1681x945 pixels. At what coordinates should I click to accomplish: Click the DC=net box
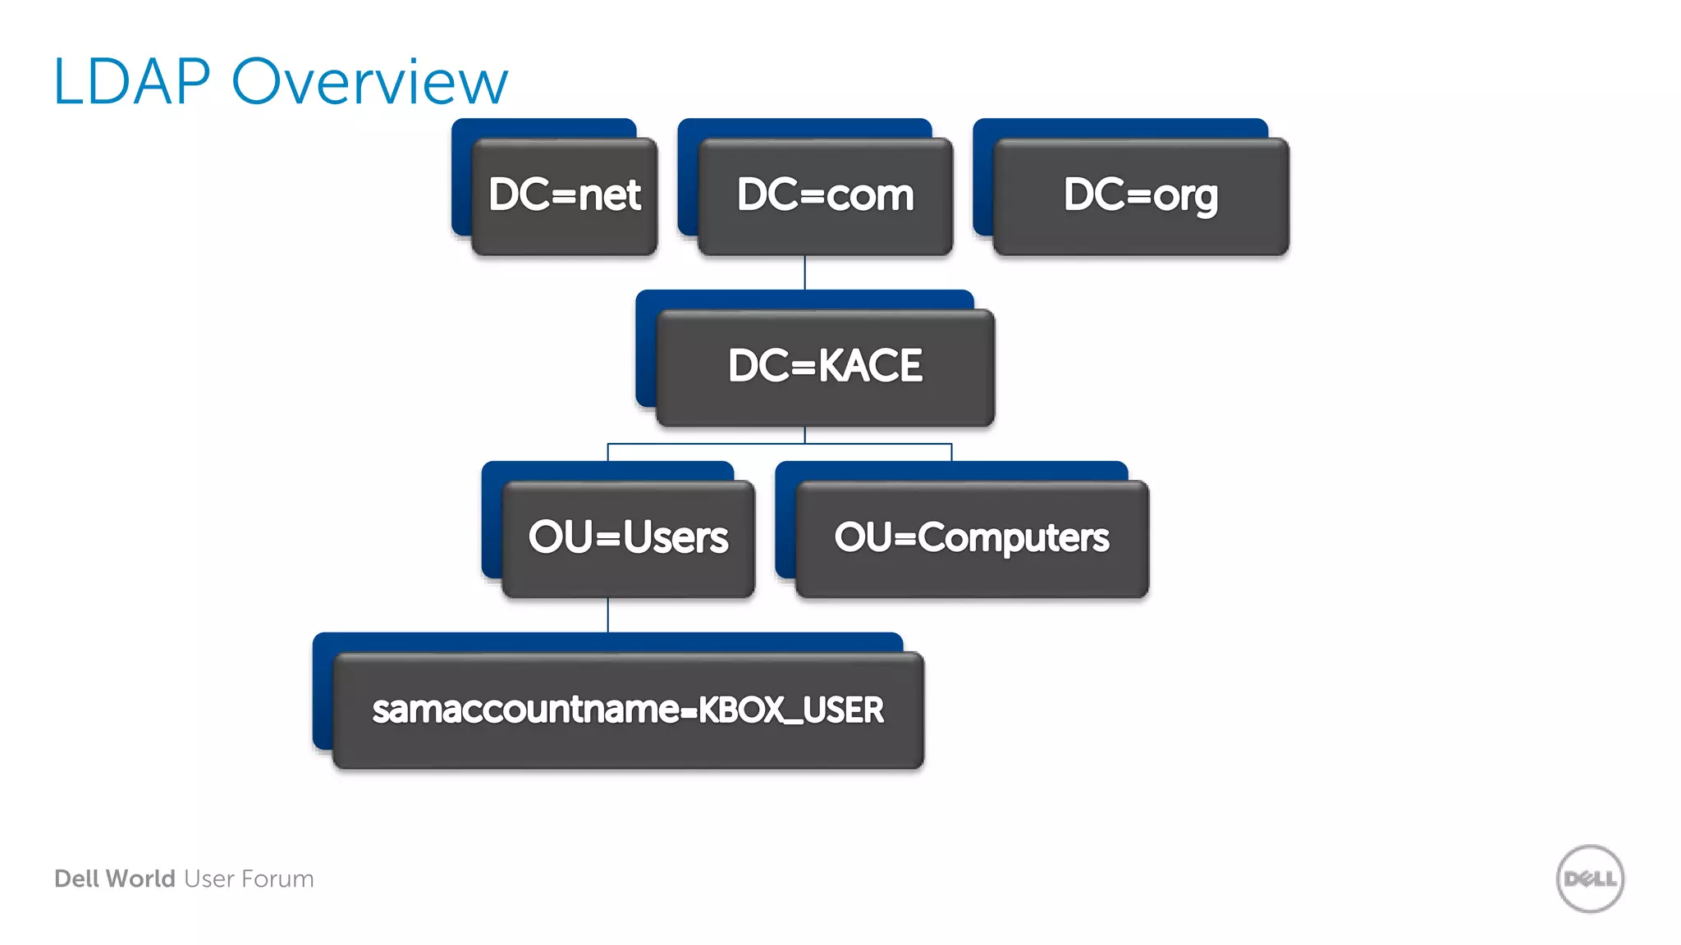click(565, 195)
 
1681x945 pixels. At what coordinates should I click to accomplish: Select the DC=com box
click(825, 195)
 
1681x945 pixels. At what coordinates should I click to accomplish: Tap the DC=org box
click(1141, 195)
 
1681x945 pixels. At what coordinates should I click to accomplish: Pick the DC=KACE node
click(825, 367)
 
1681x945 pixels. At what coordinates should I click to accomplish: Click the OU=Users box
click(628, 538)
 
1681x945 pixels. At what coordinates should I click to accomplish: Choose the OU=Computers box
click(972, 538)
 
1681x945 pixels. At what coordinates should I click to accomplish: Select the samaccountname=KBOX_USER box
click(628, 710)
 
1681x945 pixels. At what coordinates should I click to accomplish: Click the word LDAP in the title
click(131, 82)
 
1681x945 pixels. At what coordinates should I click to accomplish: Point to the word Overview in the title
click(369, 82)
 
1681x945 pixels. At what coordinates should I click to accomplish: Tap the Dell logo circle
click(1590, 879)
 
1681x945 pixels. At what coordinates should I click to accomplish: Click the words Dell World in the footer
click(115, 879)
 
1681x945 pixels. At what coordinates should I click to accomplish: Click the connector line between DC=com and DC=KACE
click(804, 273)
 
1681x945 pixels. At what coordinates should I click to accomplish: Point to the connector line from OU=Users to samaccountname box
click(608, 615)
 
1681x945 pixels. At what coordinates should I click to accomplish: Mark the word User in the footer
click(209, 879)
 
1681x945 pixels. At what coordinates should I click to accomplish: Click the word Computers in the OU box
click(1013, 538)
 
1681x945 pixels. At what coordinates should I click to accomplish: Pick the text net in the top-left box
click(609, 195)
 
